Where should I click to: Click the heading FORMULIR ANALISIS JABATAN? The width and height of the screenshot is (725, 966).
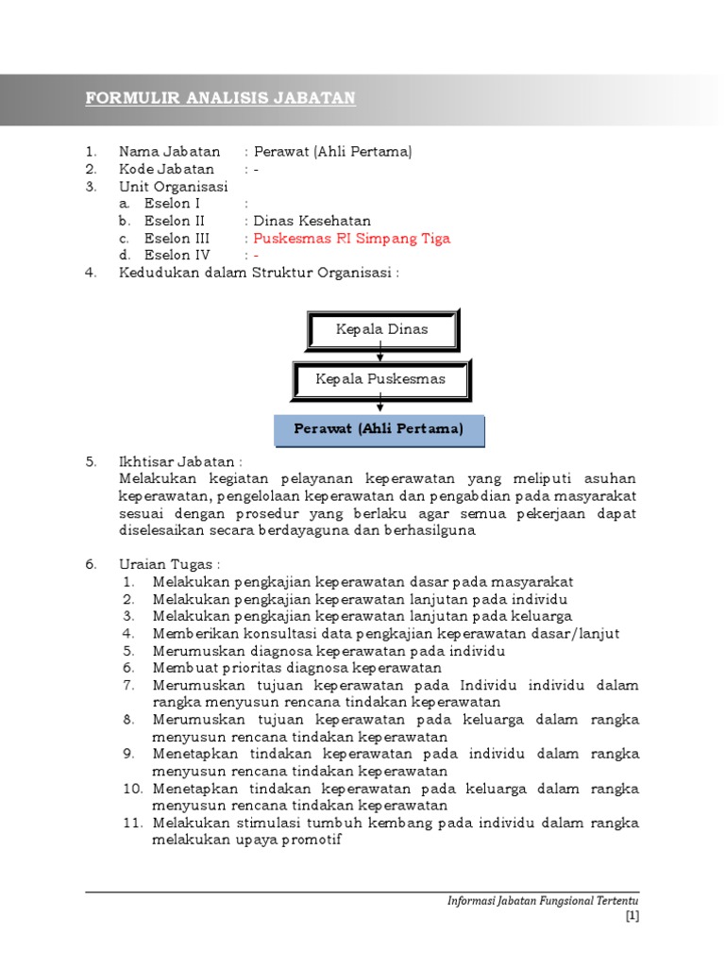click(x=220, y=98)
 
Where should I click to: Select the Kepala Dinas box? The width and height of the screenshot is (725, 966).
click(x=381, y=330)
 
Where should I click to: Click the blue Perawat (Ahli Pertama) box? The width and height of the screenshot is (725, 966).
click(x=379, y=429)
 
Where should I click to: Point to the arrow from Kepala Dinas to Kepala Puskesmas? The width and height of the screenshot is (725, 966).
click(x=380, y=355)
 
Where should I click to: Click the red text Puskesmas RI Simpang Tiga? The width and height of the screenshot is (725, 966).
click(x=352, y=238)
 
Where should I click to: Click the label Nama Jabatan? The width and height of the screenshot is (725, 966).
click(x=169, y=151)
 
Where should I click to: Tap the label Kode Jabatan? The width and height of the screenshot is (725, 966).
click(x=166, y=169)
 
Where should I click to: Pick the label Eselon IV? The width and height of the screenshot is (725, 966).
click(x=177, y=255)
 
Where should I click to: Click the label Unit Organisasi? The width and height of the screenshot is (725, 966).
click(x=173, y=186)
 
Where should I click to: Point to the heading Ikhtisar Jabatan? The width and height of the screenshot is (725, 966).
click(x=179, y=462)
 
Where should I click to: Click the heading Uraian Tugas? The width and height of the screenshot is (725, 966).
click(x=169, y=564)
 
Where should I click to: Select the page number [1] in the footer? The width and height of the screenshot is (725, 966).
click(x=632, y=915)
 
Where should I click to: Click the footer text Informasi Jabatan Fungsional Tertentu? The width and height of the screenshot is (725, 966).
click(x=543, y=901)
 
